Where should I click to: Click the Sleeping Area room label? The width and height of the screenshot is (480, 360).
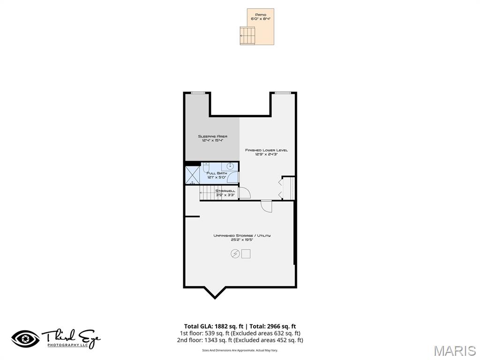click(212, 136)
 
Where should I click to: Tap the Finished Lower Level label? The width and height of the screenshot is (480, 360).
click(266, 150)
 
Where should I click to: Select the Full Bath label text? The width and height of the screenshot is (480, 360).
click(217, 173)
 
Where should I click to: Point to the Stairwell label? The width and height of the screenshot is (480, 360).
click(225, 191)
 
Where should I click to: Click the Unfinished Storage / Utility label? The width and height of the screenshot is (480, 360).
click(242, 235)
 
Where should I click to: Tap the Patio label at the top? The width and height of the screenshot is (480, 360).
click(261, 15)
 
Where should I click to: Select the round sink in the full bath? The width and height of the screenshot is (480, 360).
click(230, 166)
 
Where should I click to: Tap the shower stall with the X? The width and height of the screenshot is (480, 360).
click(193, 174)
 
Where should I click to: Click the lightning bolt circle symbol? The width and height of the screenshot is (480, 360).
click(235, 254)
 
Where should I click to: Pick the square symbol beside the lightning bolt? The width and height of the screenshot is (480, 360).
click(246, 254)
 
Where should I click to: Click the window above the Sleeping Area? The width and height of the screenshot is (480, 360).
click(198, 93)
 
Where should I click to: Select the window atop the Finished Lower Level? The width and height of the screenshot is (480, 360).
click(283, 93)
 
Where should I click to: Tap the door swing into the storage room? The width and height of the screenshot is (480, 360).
click(267, 206)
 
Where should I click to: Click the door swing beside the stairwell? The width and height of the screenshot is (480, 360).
click(244, 193)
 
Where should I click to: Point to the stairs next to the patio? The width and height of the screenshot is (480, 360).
click(247, 35)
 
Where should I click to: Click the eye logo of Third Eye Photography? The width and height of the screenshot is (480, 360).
click(25, 338)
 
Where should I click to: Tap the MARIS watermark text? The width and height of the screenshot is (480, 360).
click(454, 351)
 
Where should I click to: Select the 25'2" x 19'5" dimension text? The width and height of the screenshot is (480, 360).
click(242, 240)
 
